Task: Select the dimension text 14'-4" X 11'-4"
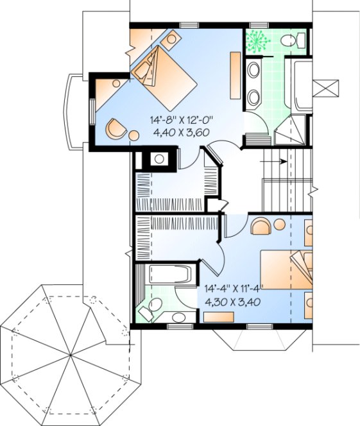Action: [234, 289]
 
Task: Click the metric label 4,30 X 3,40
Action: [232, 302]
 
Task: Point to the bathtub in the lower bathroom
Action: [171, 275]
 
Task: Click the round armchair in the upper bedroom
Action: [116, 128]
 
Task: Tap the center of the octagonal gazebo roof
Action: [69, 353]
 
